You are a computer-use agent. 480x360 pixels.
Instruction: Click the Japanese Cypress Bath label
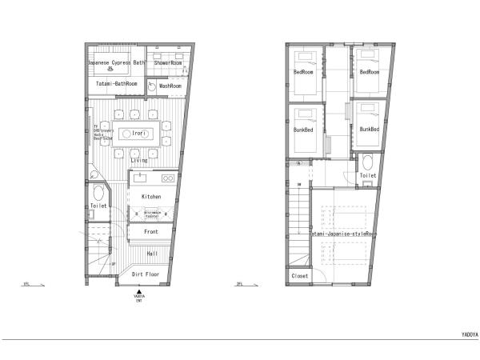click(x=116, y=61)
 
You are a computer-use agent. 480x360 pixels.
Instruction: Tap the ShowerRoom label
click(x=168, y=61)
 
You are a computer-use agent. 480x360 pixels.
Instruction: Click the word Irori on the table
click(x=138, y=134)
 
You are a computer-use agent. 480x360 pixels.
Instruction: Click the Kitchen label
click(x=151, y=196)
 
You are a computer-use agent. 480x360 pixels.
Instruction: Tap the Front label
click(x=151, y=231)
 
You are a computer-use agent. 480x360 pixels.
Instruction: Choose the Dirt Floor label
click(x=145, y=274)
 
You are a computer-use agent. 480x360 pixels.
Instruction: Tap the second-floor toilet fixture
click(x=366, y=159)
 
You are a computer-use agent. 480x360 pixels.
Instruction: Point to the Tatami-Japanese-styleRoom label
click(x=342, y=234)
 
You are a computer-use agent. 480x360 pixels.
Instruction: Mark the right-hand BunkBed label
click(x=369, y=129)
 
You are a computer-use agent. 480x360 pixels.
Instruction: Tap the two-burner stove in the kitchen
click(x=168, y=178)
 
